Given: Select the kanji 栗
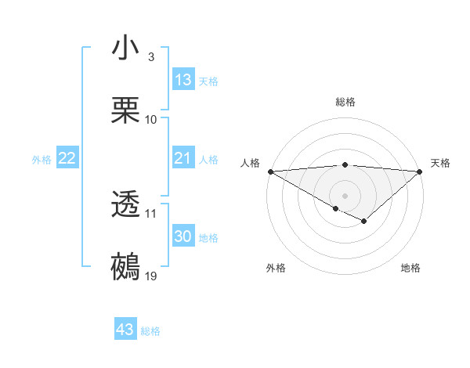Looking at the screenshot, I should pyautogui.click(x=126, y=110).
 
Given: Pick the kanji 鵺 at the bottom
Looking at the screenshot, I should pyautogui.click(x=126, y=267).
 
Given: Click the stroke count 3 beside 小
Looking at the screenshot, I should pyautogui.click(x=151, y=57).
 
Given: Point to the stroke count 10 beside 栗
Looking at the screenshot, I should pyautogui.click(x=151, y=120).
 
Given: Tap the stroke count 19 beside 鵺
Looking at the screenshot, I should pyautogui.click(x=151, y=276).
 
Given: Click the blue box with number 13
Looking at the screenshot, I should pyautogui.click(x=183, y=79).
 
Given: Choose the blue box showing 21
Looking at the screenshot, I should pyautogui.click(x=183, y=159).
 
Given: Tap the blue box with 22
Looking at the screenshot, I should pyautogui.click(x=67, y=159).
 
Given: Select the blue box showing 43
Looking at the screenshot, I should pyautogui.click(x=125, y=330).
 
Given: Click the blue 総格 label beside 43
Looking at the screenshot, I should pyautogui.click(x=151, y=331).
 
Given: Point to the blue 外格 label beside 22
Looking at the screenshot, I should pyautogui.click(x=42, y=160).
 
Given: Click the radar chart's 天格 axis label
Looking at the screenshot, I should pyautogui.click(x=441, y=163).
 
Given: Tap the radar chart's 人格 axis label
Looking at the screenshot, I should pyautogui.click(x=249, y=163).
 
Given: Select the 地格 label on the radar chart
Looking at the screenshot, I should pyautogui.click(x=410, y=268).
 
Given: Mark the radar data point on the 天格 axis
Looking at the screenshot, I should pyautogui.click(x=420, y=171).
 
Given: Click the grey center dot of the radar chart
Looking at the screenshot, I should pyautogui.click(x=345, y=195).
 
